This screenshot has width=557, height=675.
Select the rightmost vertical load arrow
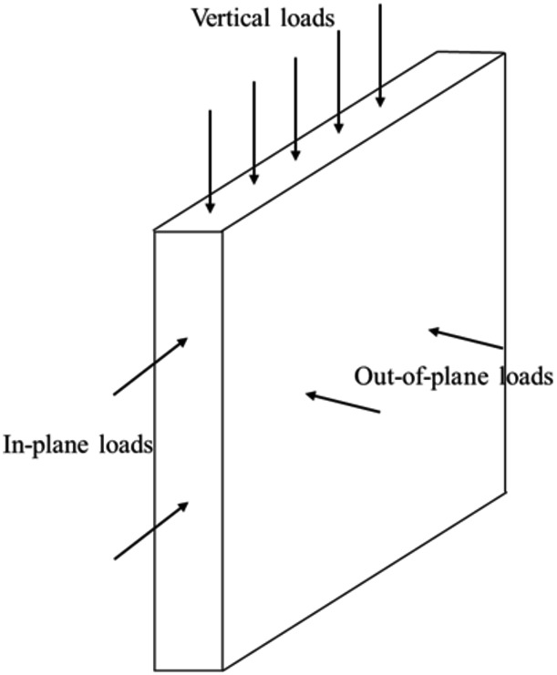point(380,55)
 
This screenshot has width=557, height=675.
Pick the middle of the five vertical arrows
point(295,109)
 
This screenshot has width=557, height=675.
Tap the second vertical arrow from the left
point(253,133)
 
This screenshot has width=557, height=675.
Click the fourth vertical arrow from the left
point(338,82)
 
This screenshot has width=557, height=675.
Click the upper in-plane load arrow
point(150,366)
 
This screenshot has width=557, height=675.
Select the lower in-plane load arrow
point(151,529)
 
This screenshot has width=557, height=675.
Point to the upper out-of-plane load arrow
point(465,339)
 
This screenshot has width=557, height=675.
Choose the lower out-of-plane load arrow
point(342,404)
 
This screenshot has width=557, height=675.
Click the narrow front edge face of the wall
point(189,437)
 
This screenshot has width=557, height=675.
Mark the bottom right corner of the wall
point(505,492)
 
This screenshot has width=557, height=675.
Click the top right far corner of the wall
point(504,54)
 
